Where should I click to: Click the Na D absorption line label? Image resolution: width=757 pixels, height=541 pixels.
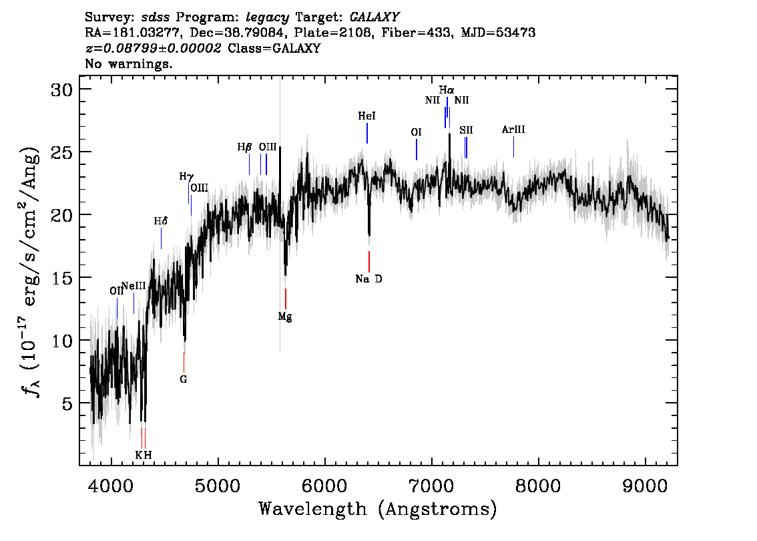(368, 279)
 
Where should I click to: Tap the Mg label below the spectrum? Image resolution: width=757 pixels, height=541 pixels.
(285, 317)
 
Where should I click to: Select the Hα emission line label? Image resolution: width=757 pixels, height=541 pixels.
(447, 90)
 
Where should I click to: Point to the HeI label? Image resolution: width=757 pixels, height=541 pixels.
(366, 116)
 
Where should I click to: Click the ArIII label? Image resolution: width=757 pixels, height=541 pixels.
(513, 130)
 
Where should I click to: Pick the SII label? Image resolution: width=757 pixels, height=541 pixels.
(466, 130)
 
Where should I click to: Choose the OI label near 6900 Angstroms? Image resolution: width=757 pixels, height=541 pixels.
(416, 132)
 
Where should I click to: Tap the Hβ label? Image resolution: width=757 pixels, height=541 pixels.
(245, 147)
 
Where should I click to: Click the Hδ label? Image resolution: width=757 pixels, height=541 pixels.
(161, 221)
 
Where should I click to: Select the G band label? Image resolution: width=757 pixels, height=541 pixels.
(184, 379)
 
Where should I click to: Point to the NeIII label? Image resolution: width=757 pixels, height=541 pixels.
(134, 286)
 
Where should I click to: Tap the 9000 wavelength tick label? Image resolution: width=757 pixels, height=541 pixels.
(644, 486)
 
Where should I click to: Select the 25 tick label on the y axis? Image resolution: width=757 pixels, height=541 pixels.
(62, 152)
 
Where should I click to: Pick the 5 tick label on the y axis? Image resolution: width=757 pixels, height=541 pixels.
(67, 403)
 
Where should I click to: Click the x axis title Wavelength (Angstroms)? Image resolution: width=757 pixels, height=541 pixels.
(378, 509)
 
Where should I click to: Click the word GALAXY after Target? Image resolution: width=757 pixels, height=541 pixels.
(374, 17)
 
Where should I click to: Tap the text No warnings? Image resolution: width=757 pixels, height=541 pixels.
(128, 63)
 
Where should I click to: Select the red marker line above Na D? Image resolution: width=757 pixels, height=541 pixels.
(369, 261)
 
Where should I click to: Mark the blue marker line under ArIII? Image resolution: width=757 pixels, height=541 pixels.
(513, 147)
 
